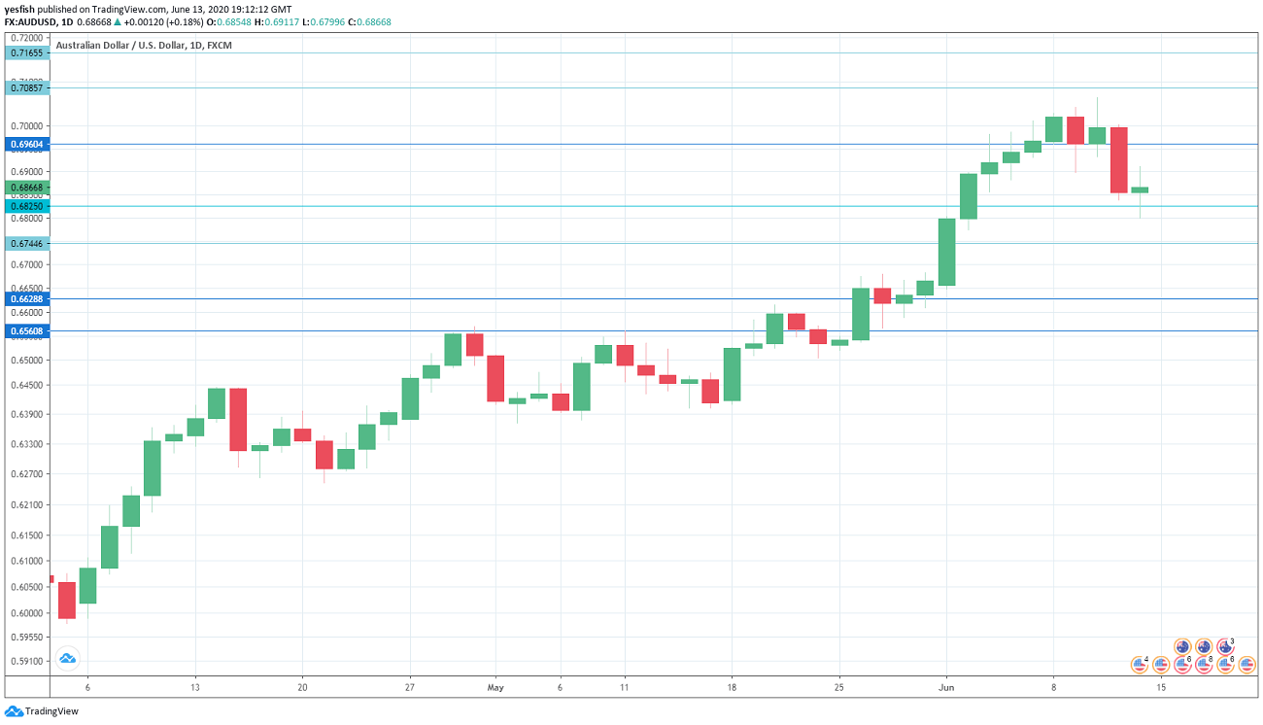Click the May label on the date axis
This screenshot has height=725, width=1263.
495,687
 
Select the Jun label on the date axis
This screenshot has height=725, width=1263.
947,687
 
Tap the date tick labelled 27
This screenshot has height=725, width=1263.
410,687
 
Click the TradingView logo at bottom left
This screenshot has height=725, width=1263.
42,710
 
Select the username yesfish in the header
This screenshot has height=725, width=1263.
19,9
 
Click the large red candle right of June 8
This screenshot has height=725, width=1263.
1118,160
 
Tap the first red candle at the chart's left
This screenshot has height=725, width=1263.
66,600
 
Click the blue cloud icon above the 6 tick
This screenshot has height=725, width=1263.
67,658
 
